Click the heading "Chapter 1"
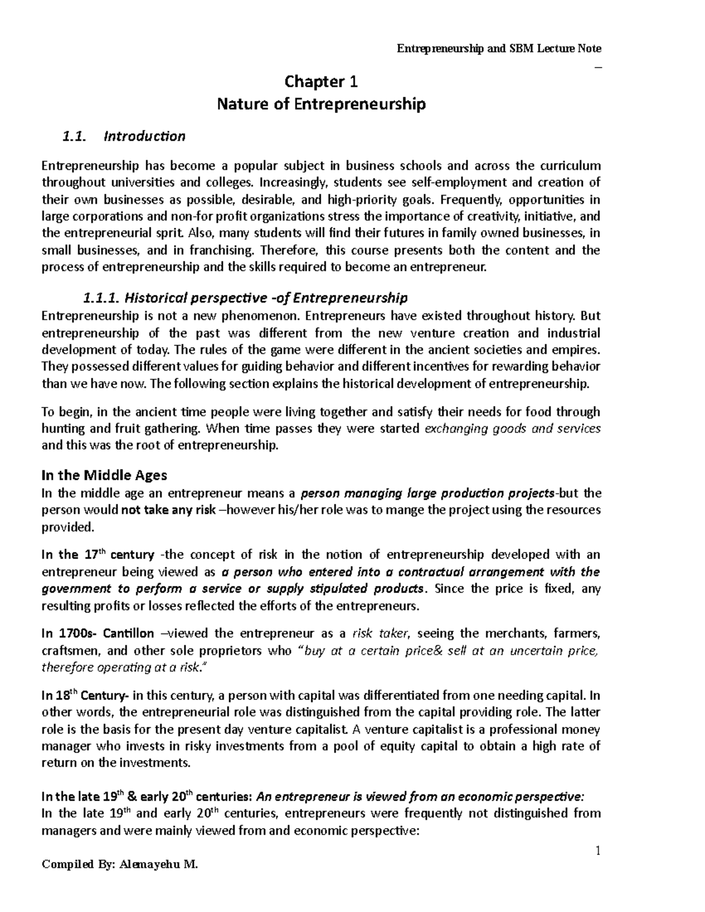tap(321, 81)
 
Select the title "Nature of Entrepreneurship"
tap(321, 105)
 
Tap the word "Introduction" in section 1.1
tap(144, 137)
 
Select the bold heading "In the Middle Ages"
tap(104, 474)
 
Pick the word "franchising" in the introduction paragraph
tap(223, 251)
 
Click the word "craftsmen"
tap(67, 651)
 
